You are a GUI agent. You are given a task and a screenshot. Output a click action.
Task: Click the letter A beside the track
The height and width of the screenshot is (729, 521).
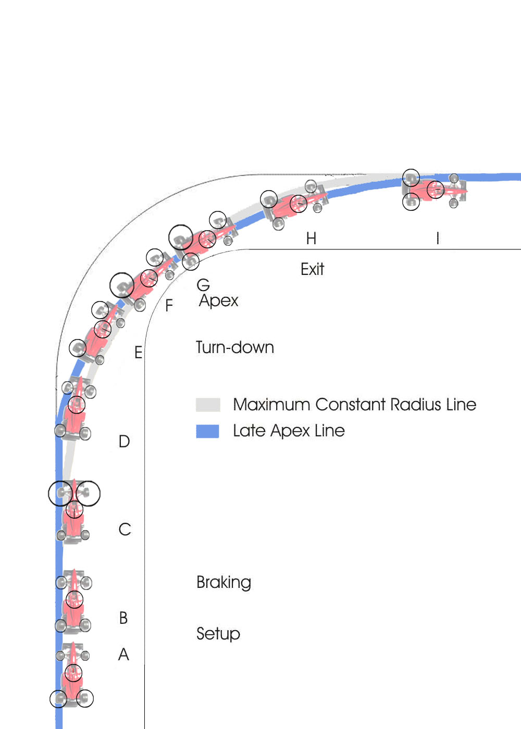click(123, 654)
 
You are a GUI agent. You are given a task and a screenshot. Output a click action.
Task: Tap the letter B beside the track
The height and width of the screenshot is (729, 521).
click(123, 618)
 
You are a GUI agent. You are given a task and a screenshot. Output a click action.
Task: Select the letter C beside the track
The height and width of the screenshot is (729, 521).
click(125, 530)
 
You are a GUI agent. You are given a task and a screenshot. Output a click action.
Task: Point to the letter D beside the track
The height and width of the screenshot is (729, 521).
click(124, 442)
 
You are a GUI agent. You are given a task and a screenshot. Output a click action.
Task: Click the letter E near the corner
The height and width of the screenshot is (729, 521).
click(139, 353)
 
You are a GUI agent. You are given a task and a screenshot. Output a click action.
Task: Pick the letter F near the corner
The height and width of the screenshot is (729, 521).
click(169, 306)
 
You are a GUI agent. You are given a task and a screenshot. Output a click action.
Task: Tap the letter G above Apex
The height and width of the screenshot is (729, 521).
click(203, 285)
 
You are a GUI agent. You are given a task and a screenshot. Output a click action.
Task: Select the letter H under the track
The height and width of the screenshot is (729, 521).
click(312, 238)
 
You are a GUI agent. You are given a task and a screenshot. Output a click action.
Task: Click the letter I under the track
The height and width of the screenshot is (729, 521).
click(438, 238)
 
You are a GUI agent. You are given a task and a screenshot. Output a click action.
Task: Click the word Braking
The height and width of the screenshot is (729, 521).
click(224, 582)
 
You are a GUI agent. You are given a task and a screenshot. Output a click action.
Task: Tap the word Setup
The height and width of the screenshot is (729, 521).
click(218, 634)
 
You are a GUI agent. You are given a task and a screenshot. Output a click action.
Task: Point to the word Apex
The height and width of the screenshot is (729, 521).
click(218, 301)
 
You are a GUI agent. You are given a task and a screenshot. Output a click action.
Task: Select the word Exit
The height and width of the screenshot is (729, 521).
click(312, 269)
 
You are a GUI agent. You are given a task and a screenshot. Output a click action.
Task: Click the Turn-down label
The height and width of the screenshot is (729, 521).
click(235, 347)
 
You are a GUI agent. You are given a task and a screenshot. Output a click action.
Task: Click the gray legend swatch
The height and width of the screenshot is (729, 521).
click(208, 405)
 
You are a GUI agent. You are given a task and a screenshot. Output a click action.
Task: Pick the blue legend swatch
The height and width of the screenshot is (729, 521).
click(207, 431)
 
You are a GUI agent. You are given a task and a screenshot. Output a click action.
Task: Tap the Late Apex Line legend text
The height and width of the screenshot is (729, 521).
click(289, 431)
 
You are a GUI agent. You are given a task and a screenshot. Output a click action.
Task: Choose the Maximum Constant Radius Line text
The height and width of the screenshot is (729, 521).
click(355, 405)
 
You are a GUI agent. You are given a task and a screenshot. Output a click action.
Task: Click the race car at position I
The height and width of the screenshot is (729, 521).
click(434, 190)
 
